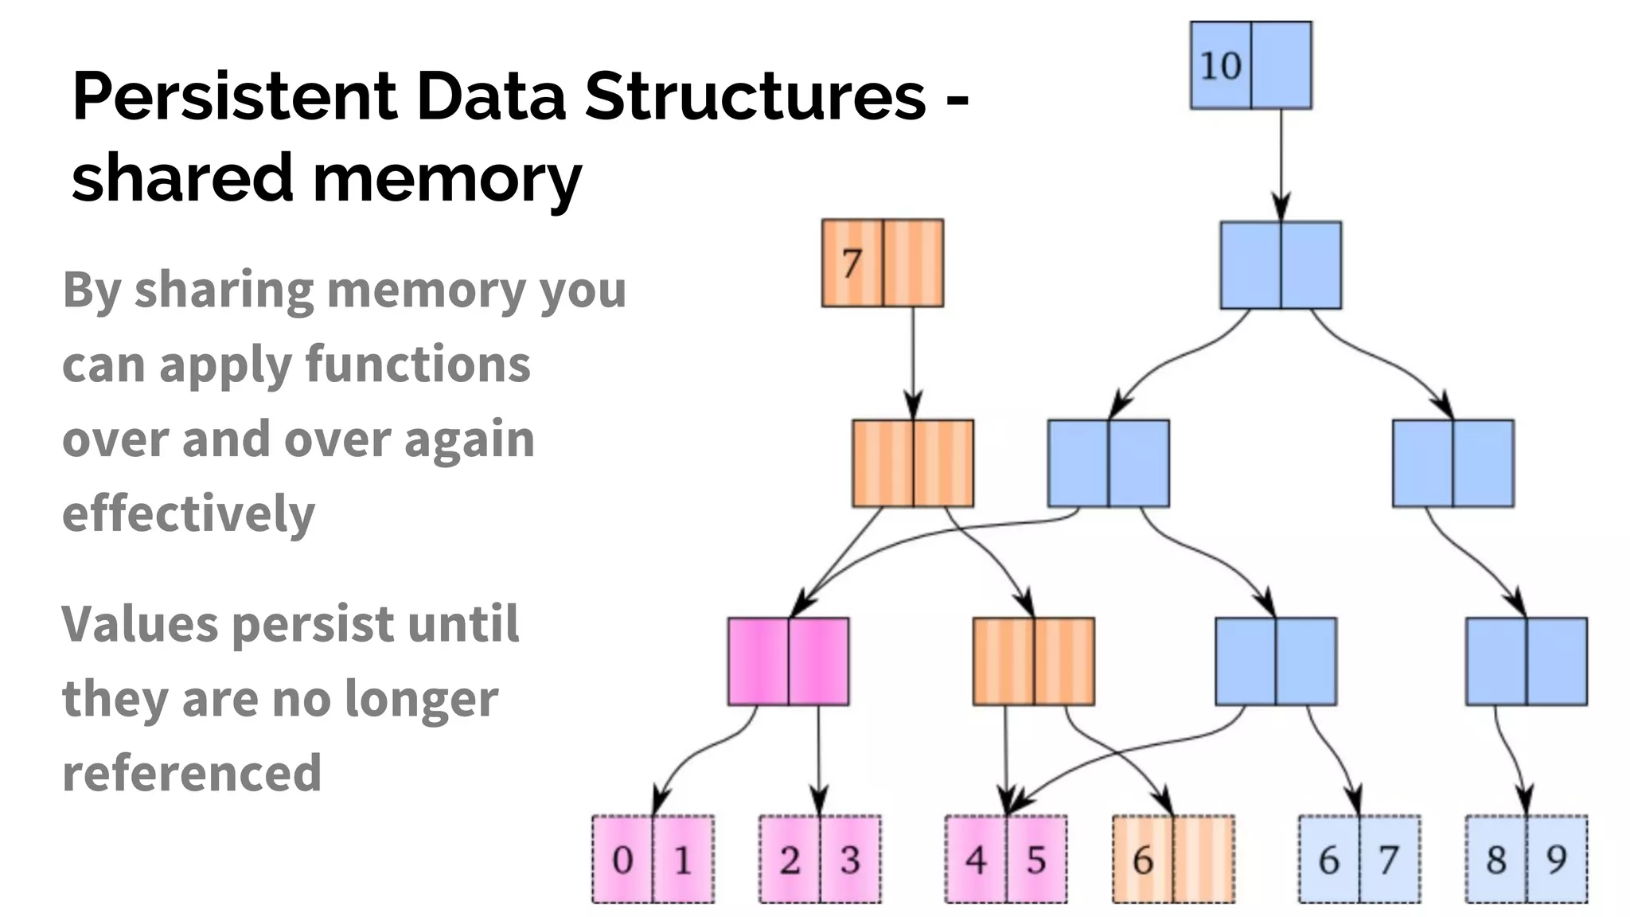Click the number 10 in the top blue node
tap(1219, 65)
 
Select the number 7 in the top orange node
tap(852, 263)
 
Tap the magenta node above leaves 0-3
tap(788, 661)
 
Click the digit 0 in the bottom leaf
tap(622, 860)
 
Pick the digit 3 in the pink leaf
tap(850, 860)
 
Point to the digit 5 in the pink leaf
tap(1035, 860)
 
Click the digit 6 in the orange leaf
tap(1143, 860)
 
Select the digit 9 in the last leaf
tap(1556, 860)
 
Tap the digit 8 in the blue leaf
tap(1496, 860)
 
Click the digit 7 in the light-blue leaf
tap(1389, 860)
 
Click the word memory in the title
tap(447, 178)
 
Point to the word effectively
tap(189, 513)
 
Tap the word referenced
tap(192, 772)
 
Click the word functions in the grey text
tap(418, 364)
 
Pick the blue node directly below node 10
tap(1281, 265)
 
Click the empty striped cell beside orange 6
tap(1203, 860)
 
